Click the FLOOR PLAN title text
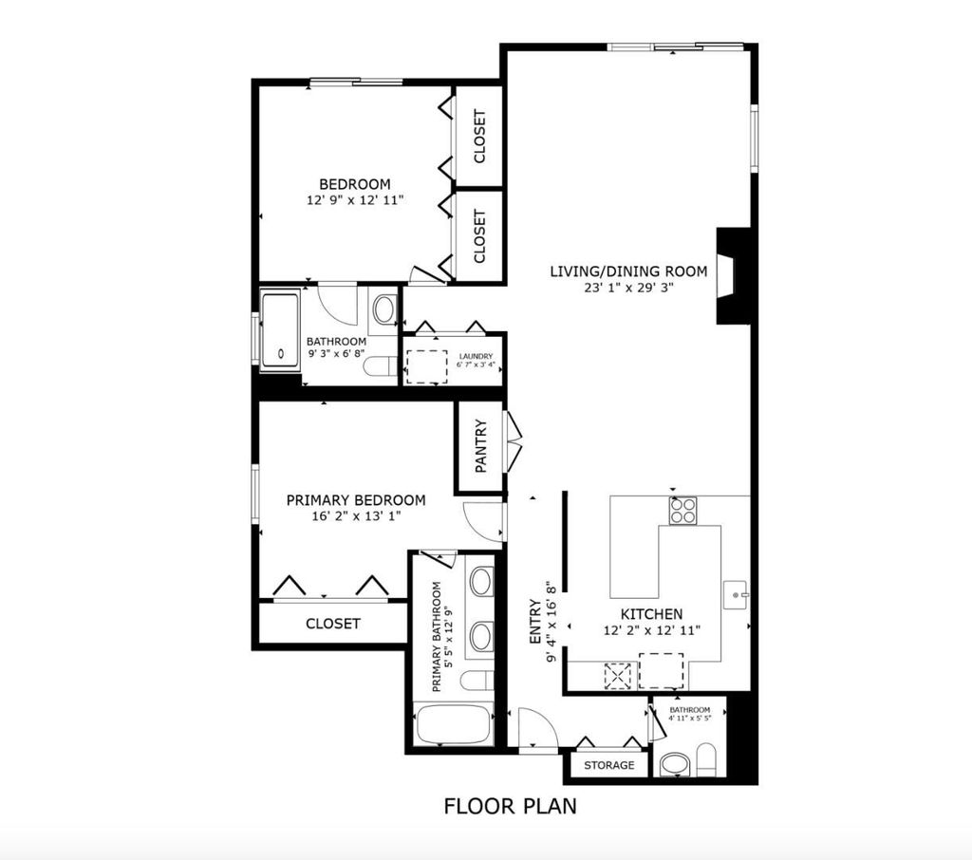coord(510,806)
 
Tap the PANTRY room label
coord(481,446)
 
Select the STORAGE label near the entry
coord(608,765)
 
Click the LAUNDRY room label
coord(477,357)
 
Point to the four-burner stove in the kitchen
coord(682,511)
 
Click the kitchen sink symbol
coord(737,595)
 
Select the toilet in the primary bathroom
coord(477,681)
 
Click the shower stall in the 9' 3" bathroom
coord(280,330)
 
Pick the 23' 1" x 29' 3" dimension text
coord(628,288)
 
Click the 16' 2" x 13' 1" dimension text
coord(356,515)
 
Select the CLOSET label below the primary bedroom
coord(333,623)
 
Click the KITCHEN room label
coord(651,614)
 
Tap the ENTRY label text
coord(535,622)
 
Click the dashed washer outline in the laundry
coord(426,366)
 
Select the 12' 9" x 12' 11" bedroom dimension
coord(355,199)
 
